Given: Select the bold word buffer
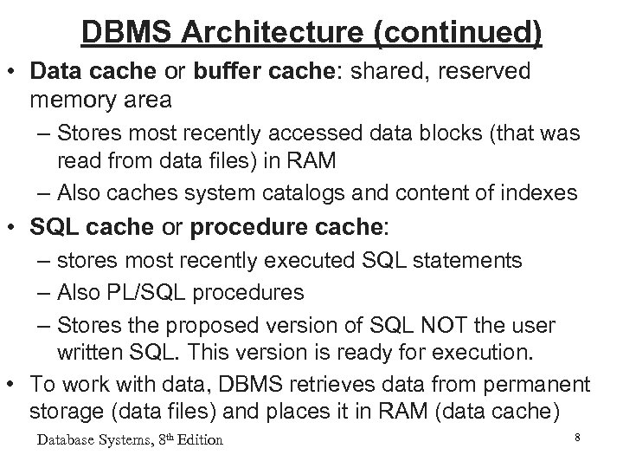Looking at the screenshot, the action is click(x=215, y=70).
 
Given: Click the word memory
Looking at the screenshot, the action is click(x=75, y=100).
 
